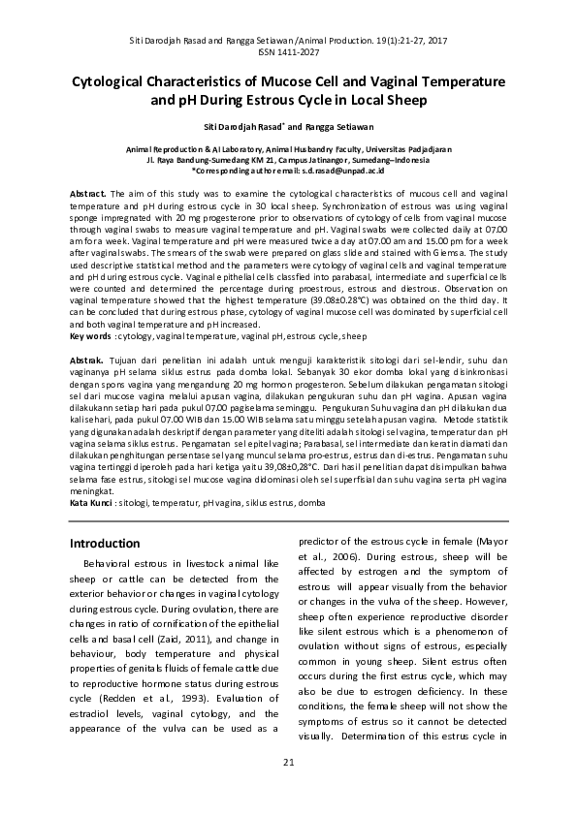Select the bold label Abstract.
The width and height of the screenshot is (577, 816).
(90, 195)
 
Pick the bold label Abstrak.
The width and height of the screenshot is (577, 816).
(89, 359)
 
